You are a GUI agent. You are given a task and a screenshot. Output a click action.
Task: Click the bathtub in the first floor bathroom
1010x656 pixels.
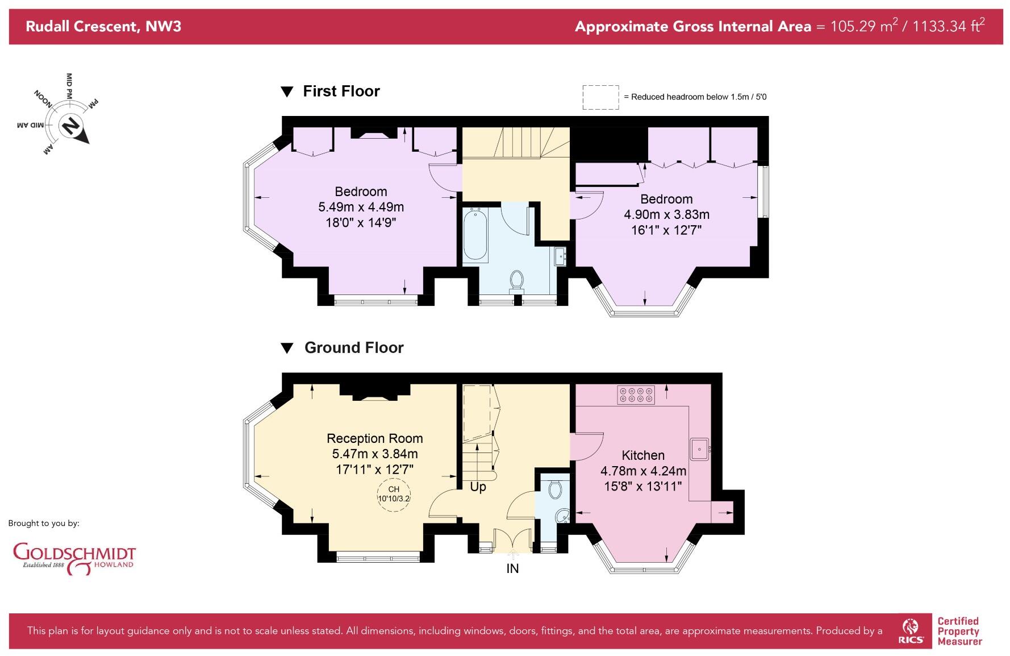click(475, 235)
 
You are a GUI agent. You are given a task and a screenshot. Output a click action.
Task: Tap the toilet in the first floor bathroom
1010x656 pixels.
click(516, 280)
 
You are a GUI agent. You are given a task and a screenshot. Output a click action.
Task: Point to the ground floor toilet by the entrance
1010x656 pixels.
click(555, 489)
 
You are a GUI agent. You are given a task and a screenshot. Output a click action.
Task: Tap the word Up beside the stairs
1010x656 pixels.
click(478, 487)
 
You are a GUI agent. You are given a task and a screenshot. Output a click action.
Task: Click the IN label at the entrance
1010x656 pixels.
click(512, 568)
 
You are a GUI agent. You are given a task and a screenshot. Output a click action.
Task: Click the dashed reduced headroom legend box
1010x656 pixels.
click(600, 97)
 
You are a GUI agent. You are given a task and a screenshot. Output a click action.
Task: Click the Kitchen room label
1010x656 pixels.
click(643, 455)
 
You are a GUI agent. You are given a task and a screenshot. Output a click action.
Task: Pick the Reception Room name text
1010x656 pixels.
click(374, 438)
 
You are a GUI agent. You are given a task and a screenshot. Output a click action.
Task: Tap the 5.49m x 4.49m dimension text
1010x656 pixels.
click(361, 207)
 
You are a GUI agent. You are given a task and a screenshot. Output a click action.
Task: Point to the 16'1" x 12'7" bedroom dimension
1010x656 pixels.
click(666, 230)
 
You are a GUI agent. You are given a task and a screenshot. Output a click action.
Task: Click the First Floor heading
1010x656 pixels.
click(341, 91)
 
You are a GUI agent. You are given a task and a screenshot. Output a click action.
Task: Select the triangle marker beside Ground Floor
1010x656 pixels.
click(287, 348)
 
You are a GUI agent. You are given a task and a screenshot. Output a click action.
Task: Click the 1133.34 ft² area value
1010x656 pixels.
click(948, 26)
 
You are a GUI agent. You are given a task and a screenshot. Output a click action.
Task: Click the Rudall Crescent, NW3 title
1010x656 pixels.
click(103, 26)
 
